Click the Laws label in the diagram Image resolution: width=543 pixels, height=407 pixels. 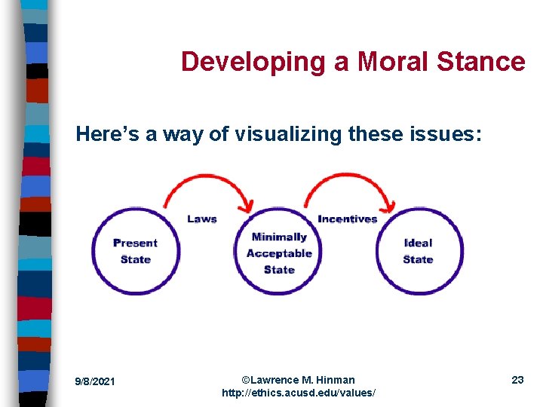[202, 219]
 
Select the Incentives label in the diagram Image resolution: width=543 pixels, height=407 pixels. [348, 219]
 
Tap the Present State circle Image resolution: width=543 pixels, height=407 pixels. [135, 251]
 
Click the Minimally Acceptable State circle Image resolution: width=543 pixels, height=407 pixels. [279, 252]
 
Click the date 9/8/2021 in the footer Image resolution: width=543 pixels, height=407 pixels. [95, 381]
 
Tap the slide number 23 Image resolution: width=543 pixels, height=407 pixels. [517, 380]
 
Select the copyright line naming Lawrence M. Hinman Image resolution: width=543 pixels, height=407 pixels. [298, 380]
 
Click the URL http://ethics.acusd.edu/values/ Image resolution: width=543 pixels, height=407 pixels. [298, 393]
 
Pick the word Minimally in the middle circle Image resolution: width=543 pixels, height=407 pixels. [279, 237]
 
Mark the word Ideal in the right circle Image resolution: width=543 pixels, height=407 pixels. [418, 243]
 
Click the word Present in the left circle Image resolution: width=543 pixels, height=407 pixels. [135, 243]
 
